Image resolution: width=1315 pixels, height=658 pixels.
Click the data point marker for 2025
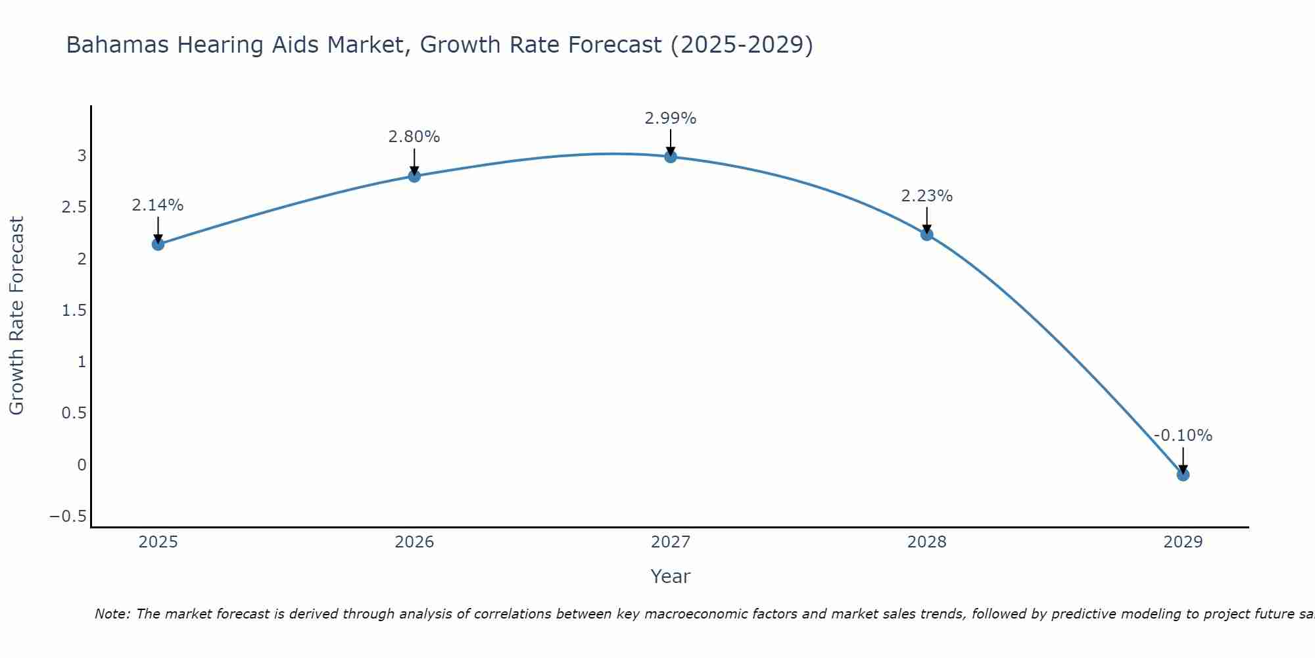click(x=158, y=244)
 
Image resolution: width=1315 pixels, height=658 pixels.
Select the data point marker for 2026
click(x=414, y=176)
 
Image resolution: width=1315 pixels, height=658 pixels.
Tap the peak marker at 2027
click(x=671, y=157)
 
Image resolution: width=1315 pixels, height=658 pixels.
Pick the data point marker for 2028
click(x=927, y=234)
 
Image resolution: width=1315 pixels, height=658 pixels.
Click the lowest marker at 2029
click(x=1183, y=474)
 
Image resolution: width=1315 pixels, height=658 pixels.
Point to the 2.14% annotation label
click(x=158, y=205)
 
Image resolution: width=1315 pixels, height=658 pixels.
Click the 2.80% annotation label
click(x=414, y=137)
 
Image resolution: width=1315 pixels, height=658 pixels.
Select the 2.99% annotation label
click(x=671, y=118)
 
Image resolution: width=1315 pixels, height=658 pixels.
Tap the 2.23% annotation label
click(x=927, y=196)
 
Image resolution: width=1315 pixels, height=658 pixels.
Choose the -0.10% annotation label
click(x=1183, y=436)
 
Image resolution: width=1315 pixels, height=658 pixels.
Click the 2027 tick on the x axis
click(x=671, y=542)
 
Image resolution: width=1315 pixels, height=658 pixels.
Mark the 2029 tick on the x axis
click(x=1183, y=542)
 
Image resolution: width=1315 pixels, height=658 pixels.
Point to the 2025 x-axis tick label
click(x=158, y=542)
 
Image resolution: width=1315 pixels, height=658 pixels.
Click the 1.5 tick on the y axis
click(x=74, y=311)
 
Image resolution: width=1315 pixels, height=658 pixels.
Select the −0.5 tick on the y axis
click(x=68, y=517)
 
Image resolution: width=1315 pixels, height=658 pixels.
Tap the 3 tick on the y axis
click(x=82, y=156)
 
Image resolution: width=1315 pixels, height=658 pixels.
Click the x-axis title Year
click(x=671, y=577)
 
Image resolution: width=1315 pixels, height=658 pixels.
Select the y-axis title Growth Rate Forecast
click(x=17, y=316)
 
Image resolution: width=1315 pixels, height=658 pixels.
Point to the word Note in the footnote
click(x=112, y=614)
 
